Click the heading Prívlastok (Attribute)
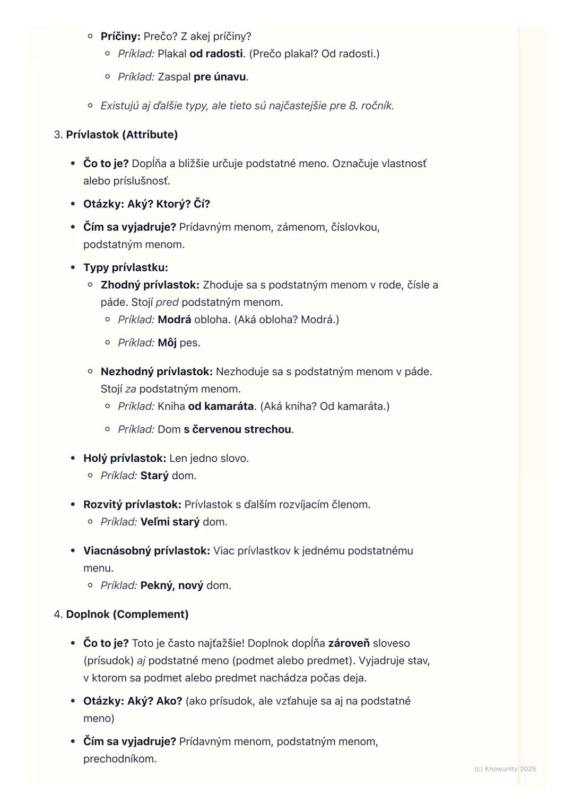[121, 135]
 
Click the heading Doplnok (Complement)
[127, 615]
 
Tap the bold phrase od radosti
[216, 54]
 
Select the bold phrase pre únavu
[220, 77]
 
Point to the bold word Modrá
[174, 320]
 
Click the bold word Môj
[167, 343]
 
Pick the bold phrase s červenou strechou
[237, 429]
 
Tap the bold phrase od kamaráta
[221, 407]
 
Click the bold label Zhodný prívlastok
[150, 285]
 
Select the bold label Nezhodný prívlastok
[157, 372]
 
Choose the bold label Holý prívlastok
[125, 458]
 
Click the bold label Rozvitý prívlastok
[132, 505]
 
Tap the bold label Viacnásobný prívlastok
[146, 551]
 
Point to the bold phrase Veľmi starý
[170, 522]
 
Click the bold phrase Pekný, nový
[171, 586]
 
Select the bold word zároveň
[349, 643]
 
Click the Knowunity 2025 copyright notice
[505, 769]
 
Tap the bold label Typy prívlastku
[125, 268]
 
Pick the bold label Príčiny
[120, 37]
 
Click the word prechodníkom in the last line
[119, 759]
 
